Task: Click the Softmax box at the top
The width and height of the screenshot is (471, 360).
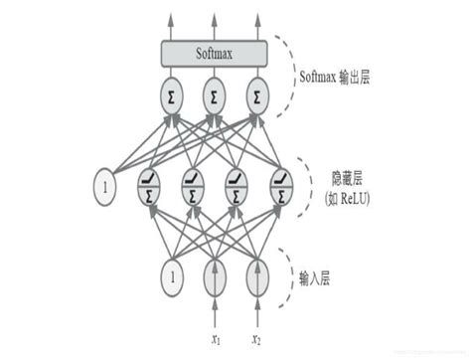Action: pyautogui.click(x=213, y=53)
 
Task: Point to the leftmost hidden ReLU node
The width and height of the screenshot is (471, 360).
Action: pyautogui.click(x=151, y=186)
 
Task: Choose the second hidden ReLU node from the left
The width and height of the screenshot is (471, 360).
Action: pyautogui.click(x=192, y=186)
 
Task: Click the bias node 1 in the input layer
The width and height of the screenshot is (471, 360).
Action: pyautogui.click(x=172, y=272)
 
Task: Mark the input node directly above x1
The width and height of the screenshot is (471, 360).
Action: pyautogui.click(x=214, y=272)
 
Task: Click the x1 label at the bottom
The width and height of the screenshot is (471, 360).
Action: pyautogui.click(x=214, y=340)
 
